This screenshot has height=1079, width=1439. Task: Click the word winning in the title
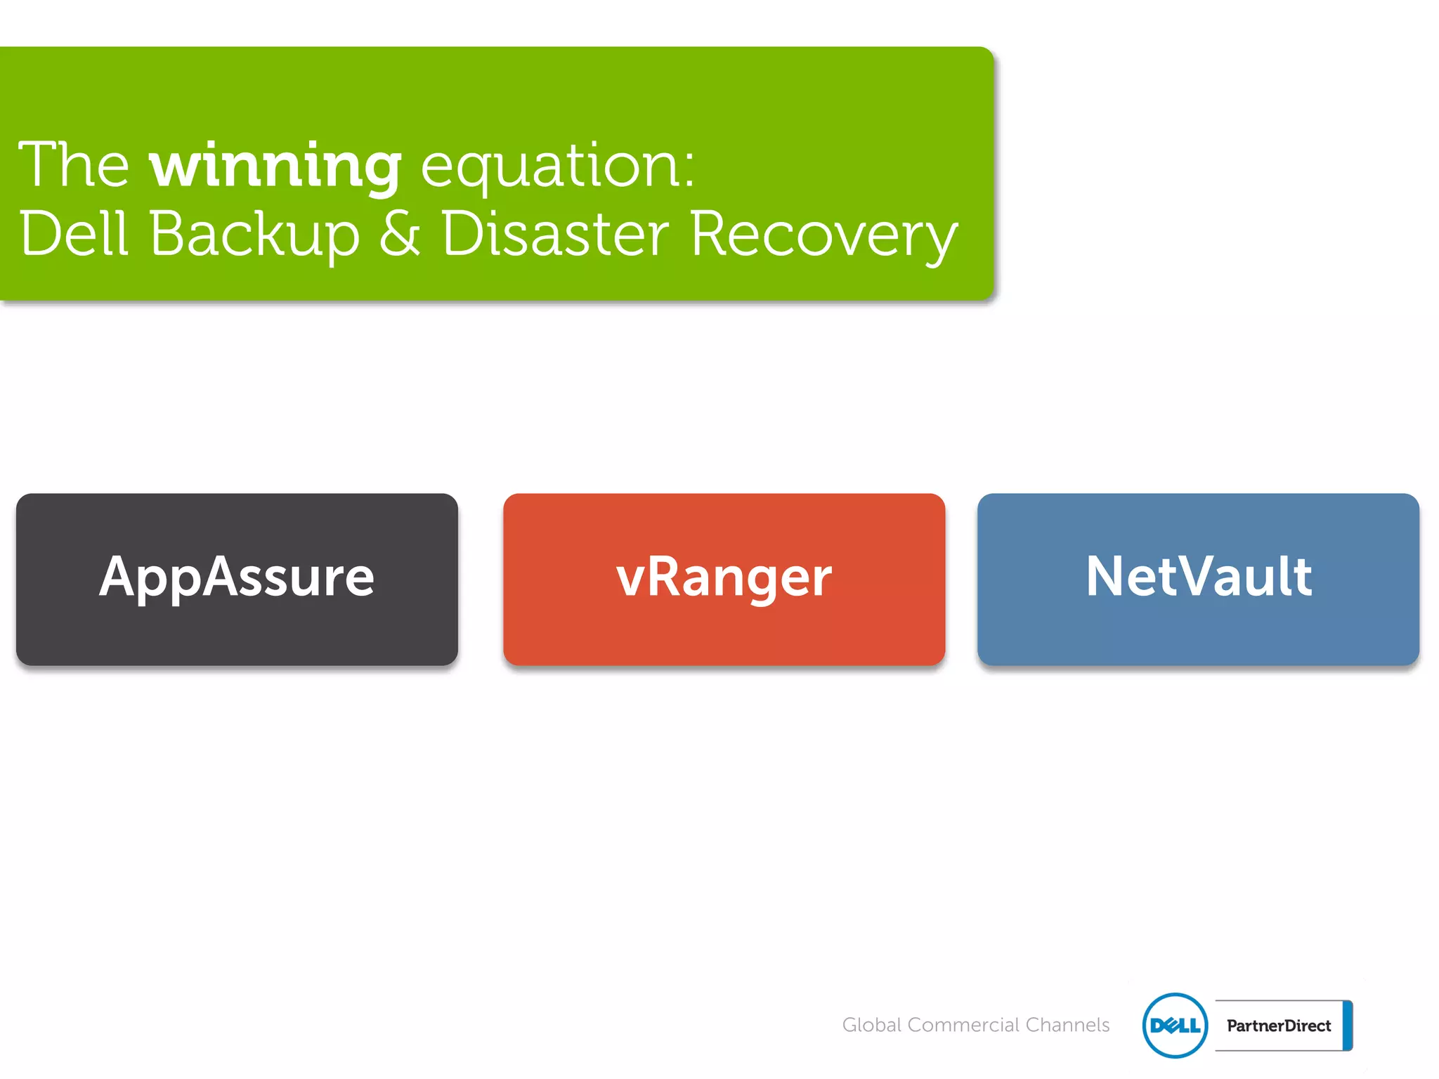coord(275,166)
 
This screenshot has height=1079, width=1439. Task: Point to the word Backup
coord(254,234)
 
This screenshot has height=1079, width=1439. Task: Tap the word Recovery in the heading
coord(823,234)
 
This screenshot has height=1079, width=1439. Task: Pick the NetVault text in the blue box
coord(1198,576)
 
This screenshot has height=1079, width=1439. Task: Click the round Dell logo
coord(1175,1025)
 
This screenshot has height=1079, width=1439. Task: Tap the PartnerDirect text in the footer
coord(1278,1026)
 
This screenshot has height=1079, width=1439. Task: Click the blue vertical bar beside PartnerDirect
coord(1347,1026)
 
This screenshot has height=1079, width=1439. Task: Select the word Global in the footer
coord(871,1025)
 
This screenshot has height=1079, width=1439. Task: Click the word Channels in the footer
coord(1067,1025)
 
